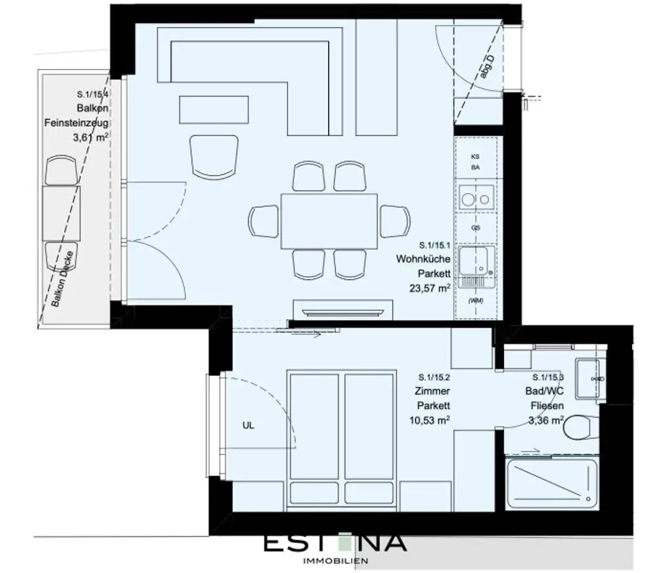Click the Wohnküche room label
click(x=423, y=259)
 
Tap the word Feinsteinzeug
click(x=76, y=123)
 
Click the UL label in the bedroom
click(x=248, y=425)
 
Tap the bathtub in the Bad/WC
click(x=551, y=483)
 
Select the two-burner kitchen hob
click(x=476, y=196)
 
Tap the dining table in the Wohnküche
click(x=329, y=221)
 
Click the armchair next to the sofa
click(x=213, y=155)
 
